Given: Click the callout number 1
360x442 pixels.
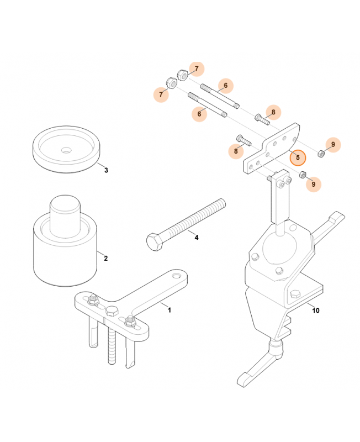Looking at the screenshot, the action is click(170, 310).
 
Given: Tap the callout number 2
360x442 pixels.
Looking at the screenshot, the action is click(105, 258).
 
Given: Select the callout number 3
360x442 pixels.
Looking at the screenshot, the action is click(106, 170).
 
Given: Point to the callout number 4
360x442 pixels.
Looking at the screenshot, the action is click(197, 238).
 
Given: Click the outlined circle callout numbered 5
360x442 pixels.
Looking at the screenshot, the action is click(298, 157).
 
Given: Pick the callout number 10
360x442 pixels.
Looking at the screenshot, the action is click(316, 311).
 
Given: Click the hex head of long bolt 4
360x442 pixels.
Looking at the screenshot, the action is click(155, 241).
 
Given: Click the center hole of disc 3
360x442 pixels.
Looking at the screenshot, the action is click(66, 150).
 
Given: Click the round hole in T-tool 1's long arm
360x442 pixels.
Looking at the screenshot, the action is click(177, 275).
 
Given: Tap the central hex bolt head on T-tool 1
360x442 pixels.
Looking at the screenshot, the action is click(112, 311).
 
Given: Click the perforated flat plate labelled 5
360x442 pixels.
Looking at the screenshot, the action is click(272, 148).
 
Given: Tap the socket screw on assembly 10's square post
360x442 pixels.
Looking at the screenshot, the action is click(282, 185).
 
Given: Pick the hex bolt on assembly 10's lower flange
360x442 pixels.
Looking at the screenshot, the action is click(295, 294).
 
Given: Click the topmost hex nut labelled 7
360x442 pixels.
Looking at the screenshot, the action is click(183, 75).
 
